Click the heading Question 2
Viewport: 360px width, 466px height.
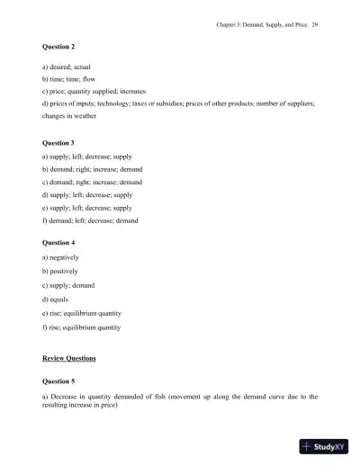click(x=59, y=44)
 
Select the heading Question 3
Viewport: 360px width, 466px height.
click(x=59, y=142)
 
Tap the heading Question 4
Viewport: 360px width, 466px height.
click(x=59, y=242)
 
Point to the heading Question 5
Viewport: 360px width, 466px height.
click(x=59, y=381)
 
